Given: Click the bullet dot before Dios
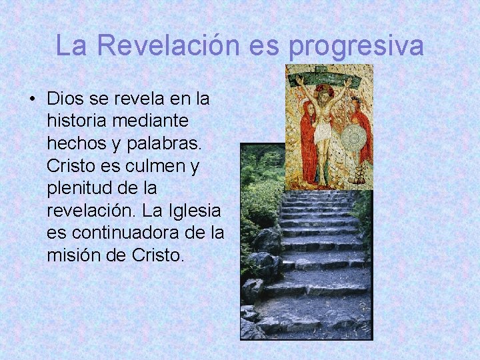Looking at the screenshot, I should pyautogui.click(x=33, y=99).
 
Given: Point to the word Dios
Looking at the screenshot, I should pyautogui.click(x=67, y=99).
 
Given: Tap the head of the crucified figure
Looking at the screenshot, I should pyautogui.click(x=323, y=93).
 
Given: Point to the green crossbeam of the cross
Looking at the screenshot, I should pyautogui.click(x=327, y=75).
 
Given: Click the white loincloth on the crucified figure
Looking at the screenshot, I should pyautogui.click(x=323, y=133).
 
